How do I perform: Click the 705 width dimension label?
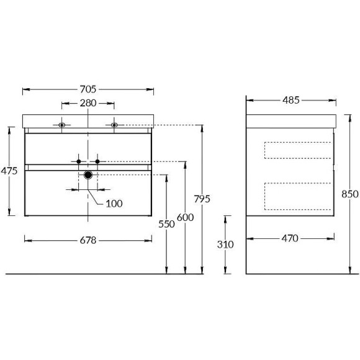[88, 89]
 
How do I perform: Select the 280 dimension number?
[88, 103]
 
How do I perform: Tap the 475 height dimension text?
[9, 171]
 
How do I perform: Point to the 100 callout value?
[114, 204]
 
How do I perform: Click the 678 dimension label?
[88, 240]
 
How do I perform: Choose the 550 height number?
[167, 224]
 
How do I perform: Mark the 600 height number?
[186, 217]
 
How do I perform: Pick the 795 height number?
[202, 199]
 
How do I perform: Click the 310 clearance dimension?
[225, 245]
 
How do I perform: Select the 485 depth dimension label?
[291, 100]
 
